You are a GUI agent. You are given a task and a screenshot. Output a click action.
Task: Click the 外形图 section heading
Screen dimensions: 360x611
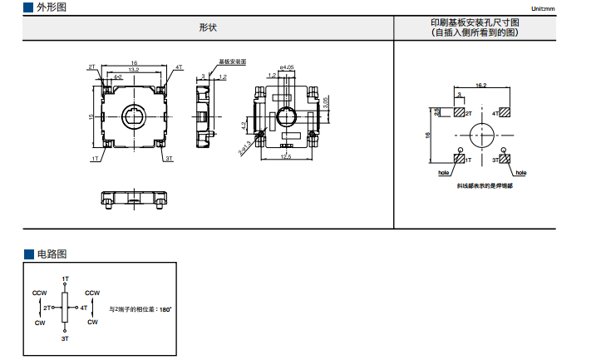coord(52,7)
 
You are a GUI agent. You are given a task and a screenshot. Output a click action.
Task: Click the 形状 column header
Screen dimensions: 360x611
coord(207,27)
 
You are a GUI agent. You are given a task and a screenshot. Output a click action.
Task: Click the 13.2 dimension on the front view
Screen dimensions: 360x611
coord(133,70)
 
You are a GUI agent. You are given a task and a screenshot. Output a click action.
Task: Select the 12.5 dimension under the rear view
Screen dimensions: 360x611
coord(286,156)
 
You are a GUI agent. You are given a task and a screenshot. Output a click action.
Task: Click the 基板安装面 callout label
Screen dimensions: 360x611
coord(233,62)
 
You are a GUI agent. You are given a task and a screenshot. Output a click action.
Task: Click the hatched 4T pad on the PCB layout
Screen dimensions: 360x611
coord(505,112)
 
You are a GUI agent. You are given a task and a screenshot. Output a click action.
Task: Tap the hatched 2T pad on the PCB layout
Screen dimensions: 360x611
coord(458,112)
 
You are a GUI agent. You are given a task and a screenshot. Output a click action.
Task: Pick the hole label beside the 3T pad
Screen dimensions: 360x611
coord(520,174)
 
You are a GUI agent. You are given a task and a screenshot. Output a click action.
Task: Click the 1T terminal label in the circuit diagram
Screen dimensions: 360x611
coord(66,278)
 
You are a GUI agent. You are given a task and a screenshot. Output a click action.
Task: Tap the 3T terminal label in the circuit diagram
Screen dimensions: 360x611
coord(66,339)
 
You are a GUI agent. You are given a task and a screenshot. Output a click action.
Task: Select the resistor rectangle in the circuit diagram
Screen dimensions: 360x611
coord(66,308)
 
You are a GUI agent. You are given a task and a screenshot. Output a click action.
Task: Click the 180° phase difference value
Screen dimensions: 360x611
coord(165,309)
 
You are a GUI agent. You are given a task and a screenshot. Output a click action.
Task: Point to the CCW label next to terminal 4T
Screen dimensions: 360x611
coord(92,293)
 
